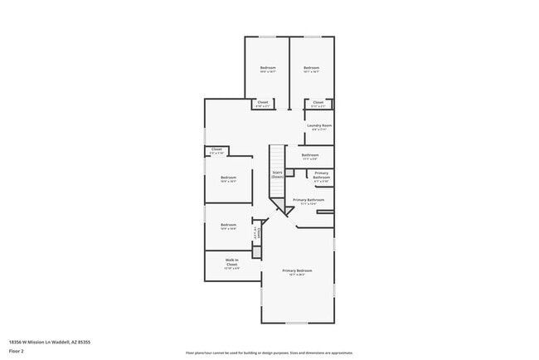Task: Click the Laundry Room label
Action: click(320, 126)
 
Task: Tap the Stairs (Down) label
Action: click(278, 175)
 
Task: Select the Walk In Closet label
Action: click(233, 263)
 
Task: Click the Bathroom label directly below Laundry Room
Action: click(310, 155)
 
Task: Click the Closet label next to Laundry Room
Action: click(318, 102)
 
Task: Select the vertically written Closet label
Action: click(259, 232)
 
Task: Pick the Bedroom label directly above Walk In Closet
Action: click(228, 224)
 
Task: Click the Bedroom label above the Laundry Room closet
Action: click(311, 67)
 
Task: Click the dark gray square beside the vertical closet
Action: click(256, 251)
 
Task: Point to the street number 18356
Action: click(17, 340)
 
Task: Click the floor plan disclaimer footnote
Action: click(269, 353)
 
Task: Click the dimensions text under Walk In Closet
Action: click(233, 268)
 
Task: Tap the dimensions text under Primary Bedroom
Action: click(297, 275)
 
